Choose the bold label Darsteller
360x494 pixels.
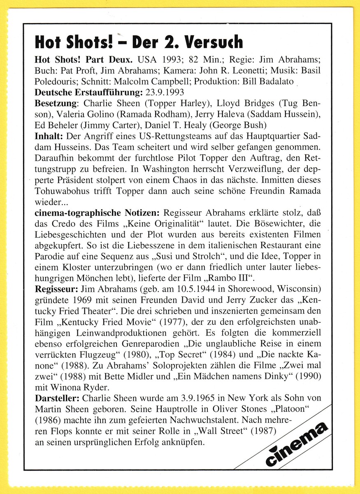click(x=58, y=398)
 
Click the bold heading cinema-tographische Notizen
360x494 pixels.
click(x=98, y=212)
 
